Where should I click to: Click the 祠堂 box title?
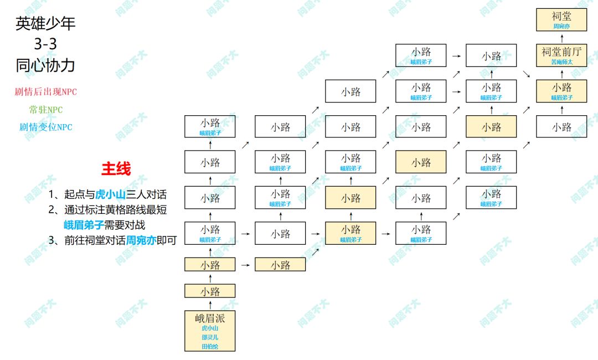coord(561,16)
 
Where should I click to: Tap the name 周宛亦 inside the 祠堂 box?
coord(561,27)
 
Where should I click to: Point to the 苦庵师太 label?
coord(561,63)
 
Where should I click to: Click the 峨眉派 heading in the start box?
coord(210,318)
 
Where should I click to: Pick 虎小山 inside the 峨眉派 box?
coord(210,328)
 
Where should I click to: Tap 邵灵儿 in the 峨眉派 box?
coord(210,337)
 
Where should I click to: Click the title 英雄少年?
coord(45,23)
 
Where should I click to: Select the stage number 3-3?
coord(45,44)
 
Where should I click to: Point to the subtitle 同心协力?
coord(45,65)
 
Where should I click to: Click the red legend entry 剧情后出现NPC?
coord(45,92)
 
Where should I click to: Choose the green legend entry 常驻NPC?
coord(46,110)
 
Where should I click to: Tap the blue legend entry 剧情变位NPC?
coord(46,127)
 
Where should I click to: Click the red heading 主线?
coord(116,169)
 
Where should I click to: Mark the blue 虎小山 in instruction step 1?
coord(110,194)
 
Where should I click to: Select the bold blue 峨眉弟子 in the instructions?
coord(84,225)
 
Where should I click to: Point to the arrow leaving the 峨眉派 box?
coord(210,305)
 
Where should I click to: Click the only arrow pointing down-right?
coord(526,74)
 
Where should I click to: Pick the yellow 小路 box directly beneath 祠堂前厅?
coord(561,91)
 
